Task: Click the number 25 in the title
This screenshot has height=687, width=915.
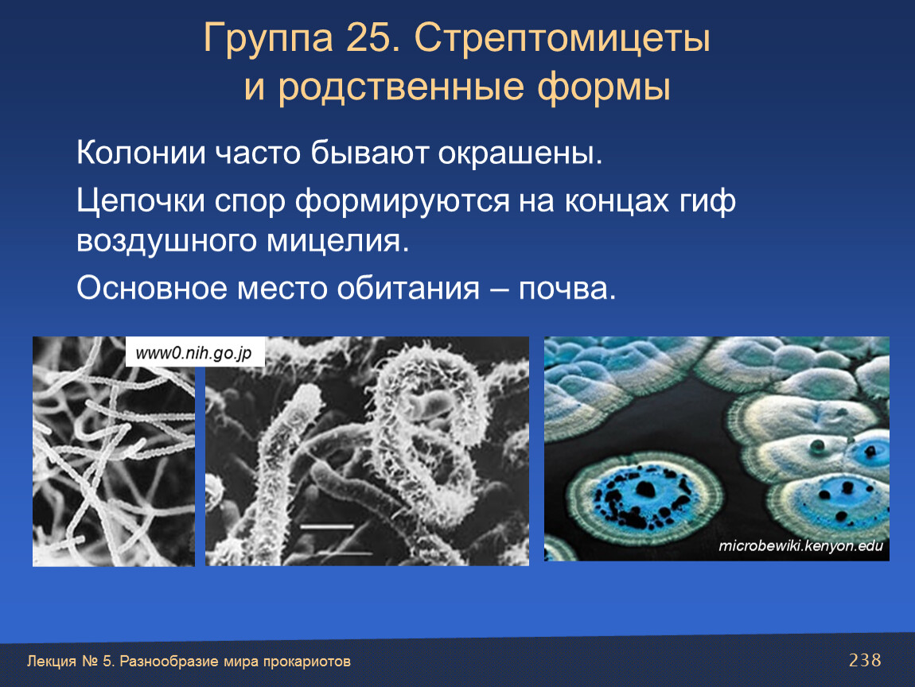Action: [x=369, y=39]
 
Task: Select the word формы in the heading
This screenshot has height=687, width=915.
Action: [x=603, y=87]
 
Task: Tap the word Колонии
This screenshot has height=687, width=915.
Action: [x=141, y=153]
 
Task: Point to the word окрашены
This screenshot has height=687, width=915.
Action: [x=520, y=154]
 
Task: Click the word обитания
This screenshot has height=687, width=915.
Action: [x=408, y=288]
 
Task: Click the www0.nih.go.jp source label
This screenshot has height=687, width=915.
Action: [x=193, y=353]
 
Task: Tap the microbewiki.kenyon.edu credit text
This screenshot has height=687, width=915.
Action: [x=800, y=546]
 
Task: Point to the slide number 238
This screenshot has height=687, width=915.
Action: [x=865, y=660]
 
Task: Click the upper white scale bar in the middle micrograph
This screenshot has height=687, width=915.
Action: [x=327, y=526]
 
